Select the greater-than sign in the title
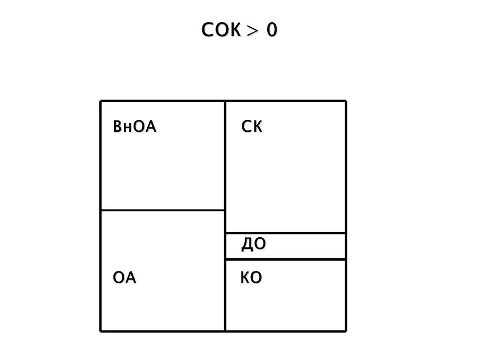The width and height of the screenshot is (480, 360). [253, 31]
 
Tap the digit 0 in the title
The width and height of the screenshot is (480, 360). [272, 30]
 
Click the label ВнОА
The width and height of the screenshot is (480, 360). [135, 127]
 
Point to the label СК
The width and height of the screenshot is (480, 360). [252, 127]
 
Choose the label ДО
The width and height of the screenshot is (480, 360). [254, 244]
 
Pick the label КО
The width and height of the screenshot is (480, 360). [251, 278]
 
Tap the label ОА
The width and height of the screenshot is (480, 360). [125, 278]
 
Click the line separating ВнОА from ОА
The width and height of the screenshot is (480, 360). [163, 210]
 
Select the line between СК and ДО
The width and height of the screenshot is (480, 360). [285, 233]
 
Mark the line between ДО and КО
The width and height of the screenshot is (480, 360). [285, 259]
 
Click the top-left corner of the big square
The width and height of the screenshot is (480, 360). [101, 101]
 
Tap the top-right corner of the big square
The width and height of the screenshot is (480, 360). [346, 101]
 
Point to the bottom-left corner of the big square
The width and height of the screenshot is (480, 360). [101, 331]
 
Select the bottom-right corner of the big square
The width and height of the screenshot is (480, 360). [346, 331]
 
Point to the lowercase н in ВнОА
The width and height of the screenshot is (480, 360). [124, 128]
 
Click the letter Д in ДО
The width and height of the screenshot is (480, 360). [247, 245]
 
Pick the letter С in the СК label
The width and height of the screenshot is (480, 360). [247, 127]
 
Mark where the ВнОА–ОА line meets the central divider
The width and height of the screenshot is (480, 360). [225, 210]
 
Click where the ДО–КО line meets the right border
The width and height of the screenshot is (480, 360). [346, 259]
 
